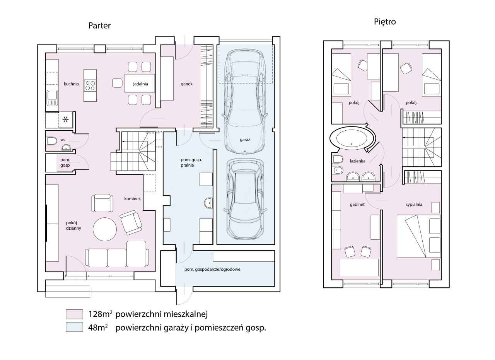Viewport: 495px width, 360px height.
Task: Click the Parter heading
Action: (99, 26)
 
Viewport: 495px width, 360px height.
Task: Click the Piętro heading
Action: (385, 22)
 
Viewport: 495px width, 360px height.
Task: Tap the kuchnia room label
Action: (71, 84)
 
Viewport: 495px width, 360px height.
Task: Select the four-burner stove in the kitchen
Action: (90, 85)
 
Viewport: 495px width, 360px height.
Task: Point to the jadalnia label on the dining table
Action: (140, 84)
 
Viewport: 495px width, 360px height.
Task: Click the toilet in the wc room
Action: (52, 141)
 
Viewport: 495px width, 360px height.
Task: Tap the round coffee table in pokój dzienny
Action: (105, 229)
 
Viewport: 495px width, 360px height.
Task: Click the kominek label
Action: (132, 199)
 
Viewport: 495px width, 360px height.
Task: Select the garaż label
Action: (245, 140)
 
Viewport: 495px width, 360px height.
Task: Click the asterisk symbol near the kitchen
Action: (65, 119)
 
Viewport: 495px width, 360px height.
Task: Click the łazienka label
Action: (358, 161)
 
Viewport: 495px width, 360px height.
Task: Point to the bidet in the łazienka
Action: (338, 170)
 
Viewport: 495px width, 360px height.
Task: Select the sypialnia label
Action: (414, 205)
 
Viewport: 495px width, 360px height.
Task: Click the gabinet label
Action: (357, 205)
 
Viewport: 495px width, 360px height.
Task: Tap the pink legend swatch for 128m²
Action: (75, 314)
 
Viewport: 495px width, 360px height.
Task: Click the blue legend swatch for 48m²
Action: (75, 327)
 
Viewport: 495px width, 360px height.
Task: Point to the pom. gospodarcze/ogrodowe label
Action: (212, 270)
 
